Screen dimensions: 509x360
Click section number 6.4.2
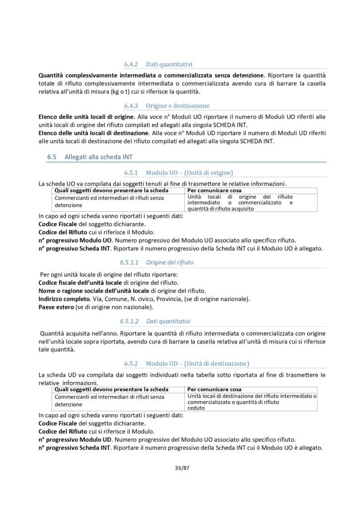[x=132, y=64]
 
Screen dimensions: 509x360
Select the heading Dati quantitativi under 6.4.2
[x=170, y=64]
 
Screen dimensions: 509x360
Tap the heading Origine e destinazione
[x=178, y=106]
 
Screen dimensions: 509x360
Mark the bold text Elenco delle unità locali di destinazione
[x=91, y=133]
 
